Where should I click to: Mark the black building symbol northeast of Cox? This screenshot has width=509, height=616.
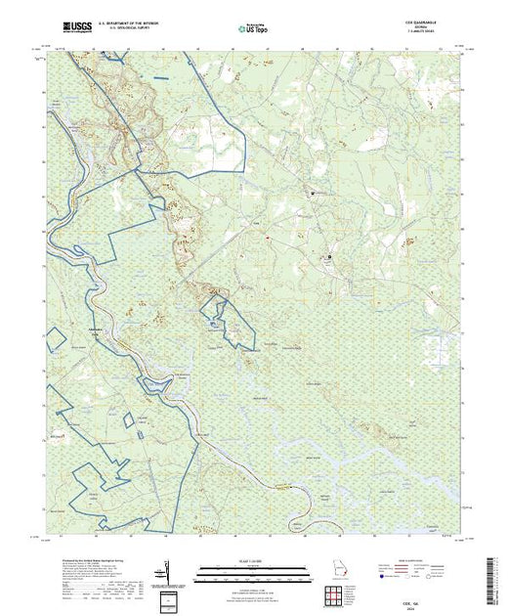314,193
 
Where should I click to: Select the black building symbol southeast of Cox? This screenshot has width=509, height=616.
329,257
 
